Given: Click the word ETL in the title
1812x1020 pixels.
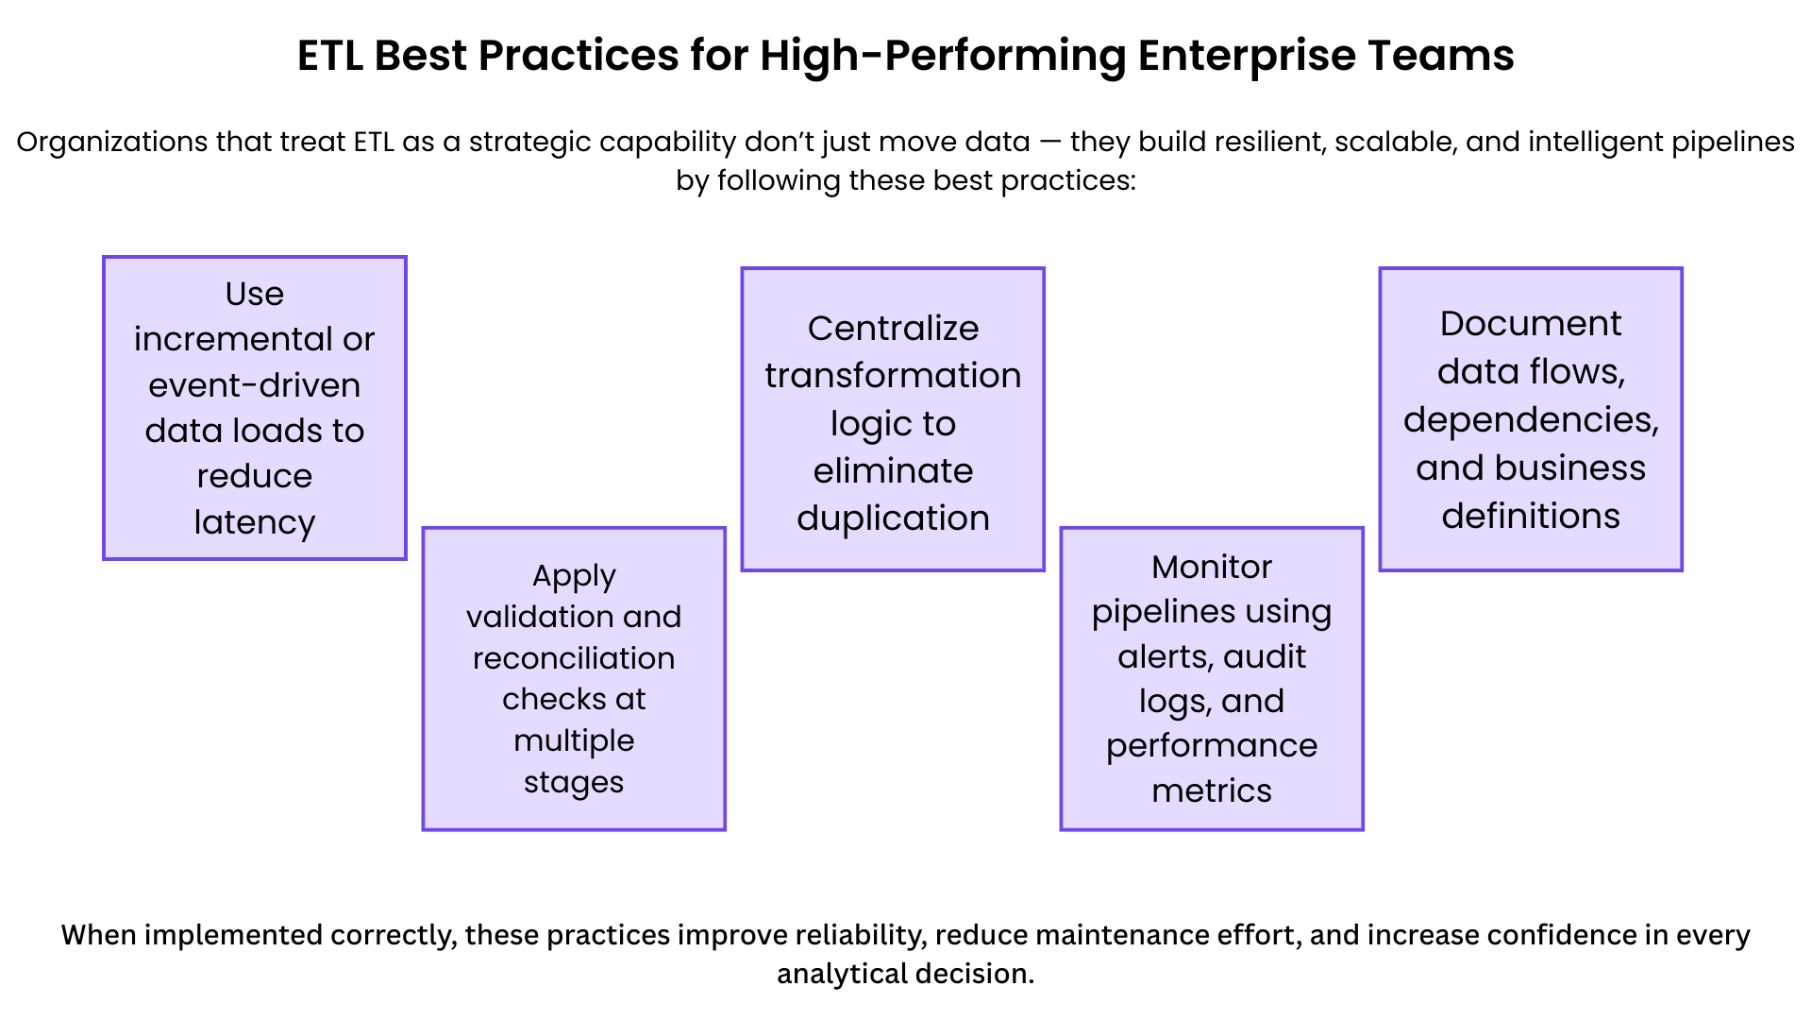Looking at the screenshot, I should pos(329,56).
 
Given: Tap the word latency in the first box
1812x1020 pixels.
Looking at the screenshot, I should pos(254,521).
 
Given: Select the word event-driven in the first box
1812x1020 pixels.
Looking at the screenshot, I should pos(254,385).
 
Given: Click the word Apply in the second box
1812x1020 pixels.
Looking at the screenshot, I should pos(574,575).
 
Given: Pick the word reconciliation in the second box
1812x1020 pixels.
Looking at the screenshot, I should pos(574,658).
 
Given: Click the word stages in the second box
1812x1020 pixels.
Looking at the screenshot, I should pos(574,782).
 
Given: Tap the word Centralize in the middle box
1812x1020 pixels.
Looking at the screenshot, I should pos(893,328).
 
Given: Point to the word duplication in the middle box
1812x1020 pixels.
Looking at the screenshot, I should pos(893,518).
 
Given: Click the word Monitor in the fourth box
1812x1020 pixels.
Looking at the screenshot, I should pos(1212,567).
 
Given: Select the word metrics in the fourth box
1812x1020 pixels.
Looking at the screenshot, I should pos(1212,790).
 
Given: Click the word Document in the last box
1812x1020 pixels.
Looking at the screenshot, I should pos(1530,324).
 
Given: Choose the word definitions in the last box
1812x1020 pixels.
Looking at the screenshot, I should pos(1530,517).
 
